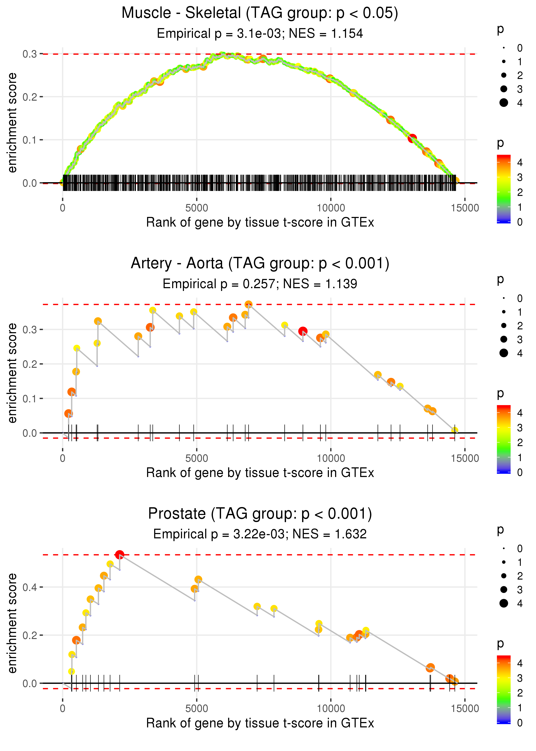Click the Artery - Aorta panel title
(x=260, y=263)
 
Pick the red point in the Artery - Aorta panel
(x=303, y=331)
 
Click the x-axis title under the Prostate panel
(x=260, y=724)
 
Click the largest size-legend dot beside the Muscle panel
(x=504, y=103)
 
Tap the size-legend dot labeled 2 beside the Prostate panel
(x=504, y=576)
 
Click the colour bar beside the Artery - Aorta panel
(x=504, y=439)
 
